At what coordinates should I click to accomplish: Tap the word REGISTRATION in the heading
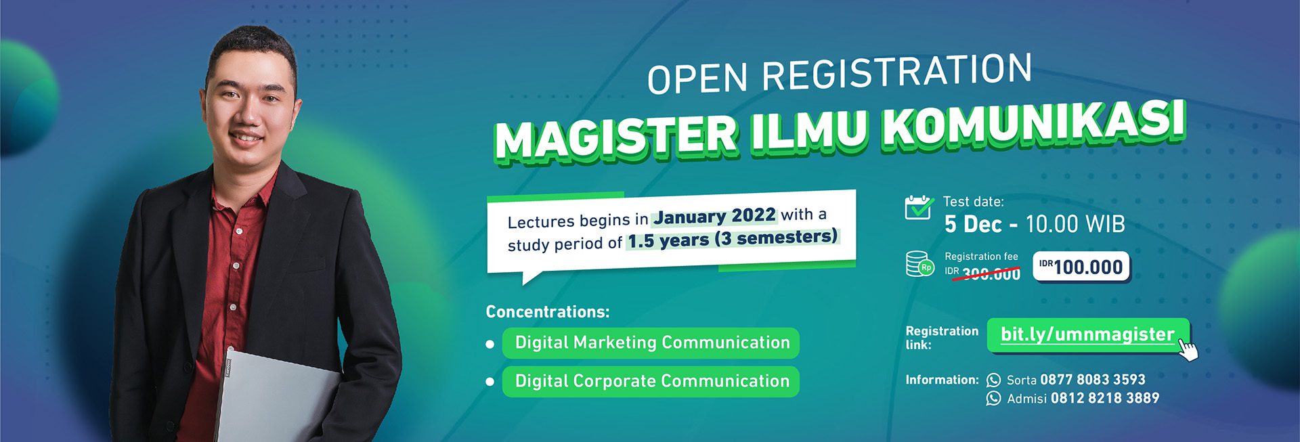[897, 72]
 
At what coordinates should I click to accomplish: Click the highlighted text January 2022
[714, 216]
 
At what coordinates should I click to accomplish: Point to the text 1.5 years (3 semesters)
[733, 239]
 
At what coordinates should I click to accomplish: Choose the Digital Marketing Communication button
[651, 343]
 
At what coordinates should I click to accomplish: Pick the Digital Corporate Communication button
[651, 381]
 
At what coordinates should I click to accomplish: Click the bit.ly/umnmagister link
[1087, 334]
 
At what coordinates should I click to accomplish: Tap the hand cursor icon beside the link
[1188, 350]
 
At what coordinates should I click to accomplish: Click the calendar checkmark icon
[919, 207]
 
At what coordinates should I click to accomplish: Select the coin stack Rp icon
[919, 264]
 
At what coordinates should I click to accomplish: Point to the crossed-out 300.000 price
[991, 273]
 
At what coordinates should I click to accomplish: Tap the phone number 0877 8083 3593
[1093, 380]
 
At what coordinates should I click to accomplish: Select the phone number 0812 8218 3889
[1105, 399]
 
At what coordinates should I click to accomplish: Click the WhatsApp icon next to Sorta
[993, 380]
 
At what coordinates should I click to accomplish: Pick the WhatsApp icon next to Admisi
[993, 399]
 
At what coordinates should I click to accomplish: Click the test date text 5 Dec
[973, 224]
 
